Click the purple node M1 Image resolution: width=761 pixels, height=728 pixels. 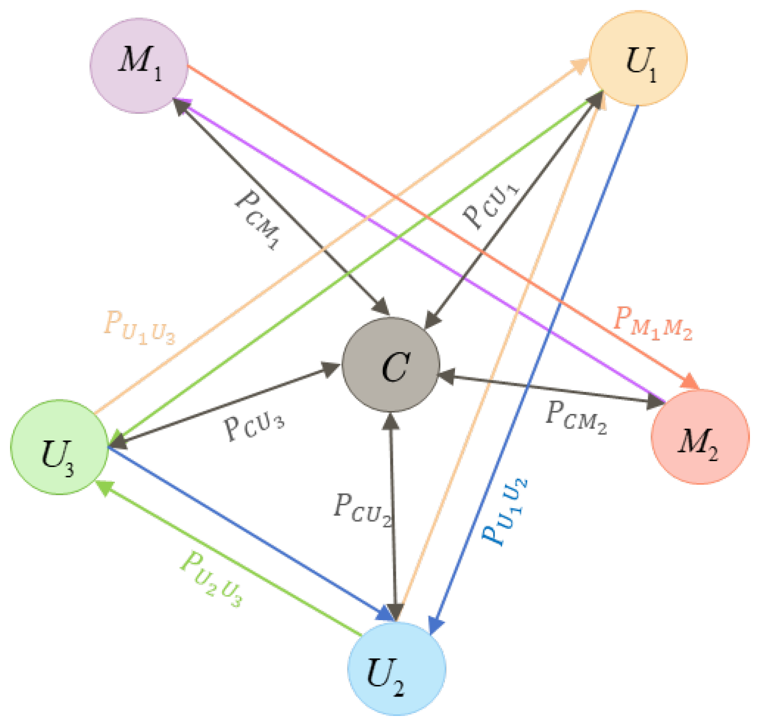coord(139,66)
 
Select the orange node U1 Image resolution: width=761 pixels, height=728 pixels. coord(638,58)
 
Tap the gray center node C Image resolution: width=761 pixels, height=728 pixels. coord(391,365)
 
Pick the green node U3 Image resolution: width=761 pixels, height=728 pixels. coord(60,447)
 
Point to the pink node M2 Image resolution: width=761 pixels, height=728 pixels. coord(700,437)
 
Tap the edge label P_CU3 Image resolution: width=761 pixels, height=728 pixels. coord(253,427)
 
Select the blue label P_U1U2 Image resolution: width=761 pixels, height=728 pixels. coord(505,512)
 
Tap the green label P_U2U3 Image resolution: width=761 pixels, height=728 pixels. coord(212,578)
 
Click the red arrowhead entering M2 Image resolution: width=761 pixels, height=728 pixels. coord(690,382)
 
